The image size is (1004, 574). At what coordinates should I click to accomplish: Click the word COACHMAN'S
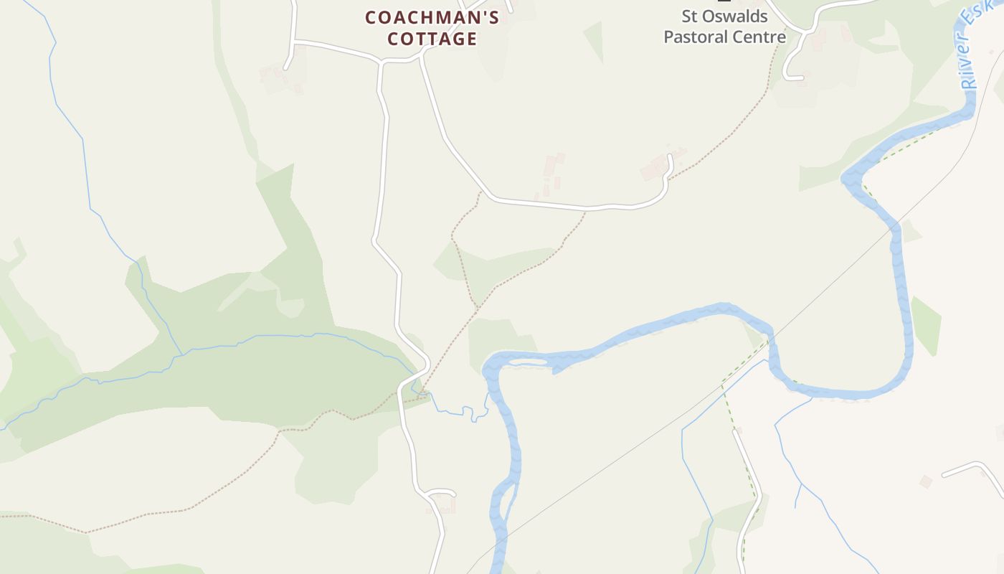[432, 17]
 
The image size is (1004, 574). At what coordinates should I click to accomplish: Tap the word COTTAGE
[432, 39]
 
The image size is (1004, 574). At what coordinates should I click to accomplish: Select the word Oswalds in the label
[734, 16]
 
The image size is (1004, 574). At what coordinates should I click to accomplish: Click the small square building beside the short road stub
[926, 481]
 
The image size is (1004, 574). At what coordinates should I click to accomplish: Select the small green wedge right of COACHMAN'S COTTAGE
[595, 39]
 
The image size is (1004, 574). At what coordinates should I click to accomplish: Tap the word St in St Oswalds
[690, 16]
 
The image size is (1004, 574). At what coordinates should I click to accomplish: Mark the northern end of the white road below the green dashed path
[734, 431]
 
